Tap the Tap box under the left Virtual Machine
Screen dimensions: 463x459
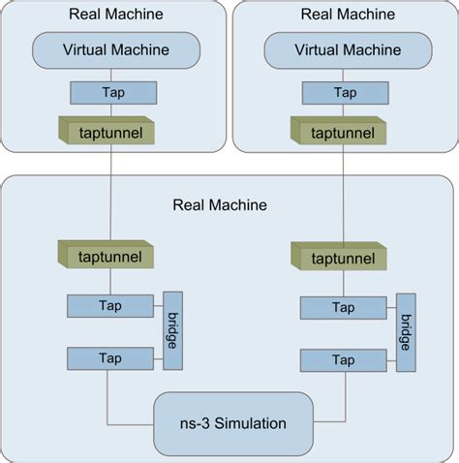[x=109, y=93]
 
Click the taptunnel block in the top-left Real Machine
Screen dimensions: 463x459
[x=108, y=129]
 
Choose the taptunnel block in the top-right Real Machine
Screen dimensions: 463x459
[x=341, y=129]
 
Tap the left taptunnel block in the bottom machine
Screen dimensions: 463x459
[x=108, y=256]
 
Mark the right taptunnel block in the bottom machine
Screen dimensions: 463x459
[x=341, y=258]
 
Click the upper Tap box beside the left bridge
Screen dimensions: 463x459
[x=109, y=305]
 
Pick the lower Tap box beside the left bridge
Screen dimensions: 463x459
[x=109, y=358]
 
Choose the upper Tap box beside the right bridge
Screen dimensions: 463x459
[x=342, y=308]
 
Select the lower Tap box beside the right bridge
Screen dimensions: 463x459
[x=342, y=360]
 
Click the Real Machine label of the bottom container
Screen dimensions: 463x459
[x=220, y=205]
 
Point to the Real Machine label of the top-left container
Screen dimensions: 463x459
[x=115, y=15]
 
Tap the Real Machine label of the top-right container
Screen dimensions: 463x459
[x=348, y=15]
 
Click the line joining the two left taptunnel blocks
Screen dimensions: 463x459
[x=109, y=194]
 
